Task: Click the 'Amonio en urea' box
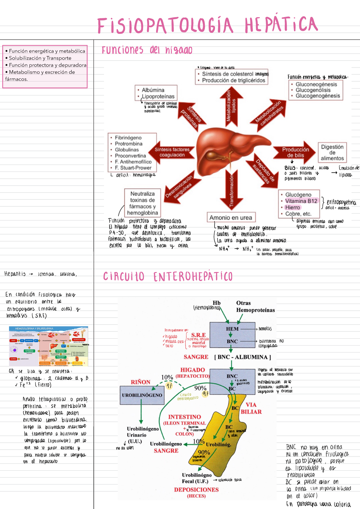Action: pyautogui.click(x=231, y=217)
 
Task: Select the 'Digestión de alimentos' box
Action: pyautogui.click(x=332, y=152)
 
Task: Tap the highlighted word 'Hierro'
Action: pyautogui.click(x=292, y=208)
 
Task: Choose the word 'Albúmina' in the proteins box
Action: pyautogui.click(x=153, y=90)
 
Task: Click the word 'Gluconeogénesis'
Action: pyautogui.click(x=316, y=84)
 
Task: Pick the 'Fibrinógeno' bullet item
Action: pyautogui.click(x=128, y=138)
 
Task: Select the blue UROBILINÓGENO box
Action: pyautogui.click(x=142, y=395)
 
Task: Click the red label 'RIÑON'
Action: pyautogui.click(x=140, y=382)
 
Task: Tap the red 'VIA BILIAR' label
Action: pyautogui.click(x=251, y=408)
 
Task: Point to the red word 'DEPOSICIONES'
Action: pyautogui.click(x=196, y=490)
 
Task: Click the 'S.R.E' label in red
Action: pyautogui.click(x=198, y=335)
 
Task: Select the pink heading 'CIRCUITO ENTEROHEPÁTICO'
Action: pyautogui.click(x=168, y=277)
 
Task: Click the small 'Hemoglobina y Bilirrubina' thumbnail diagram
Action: pyautogui.click(x=49, y=346)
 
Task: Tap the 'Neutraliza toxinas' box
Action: pyautogui.click(x=142, y=203)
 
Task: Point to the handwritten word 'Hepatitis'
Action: pyautogui.click(x=15, y=274)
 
